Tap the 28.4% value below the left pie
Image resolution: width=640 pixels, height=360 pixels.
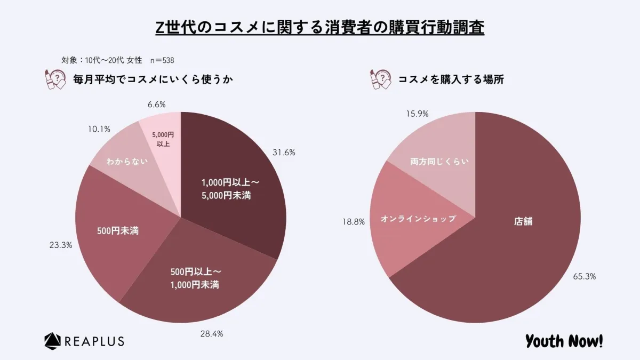tap(212, 334)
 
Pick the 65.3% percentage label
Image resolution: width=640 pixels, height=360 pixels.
tap(585, 276)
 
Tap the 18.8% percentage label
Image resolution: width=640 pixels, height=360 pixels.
tap(354, 222)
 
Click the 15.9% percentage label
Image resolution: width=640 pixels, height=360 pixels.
tap(417, 114)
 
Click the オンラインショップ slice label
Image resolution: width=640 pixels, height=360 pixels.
tap(418, 219)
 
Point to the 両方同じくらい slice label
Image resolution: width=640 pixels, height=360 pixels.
tap(439, 161)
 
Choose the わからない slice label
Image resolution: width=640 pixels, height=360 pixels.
tap(126, 161)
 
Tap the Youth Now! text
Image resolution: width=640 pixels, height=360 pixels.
tap(564, 340)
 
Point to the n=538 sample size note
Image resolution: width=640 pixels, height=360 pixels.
tap(162, 60)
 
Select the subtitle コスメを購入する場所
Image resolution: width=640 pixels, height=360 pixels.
tap(451, 80)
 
